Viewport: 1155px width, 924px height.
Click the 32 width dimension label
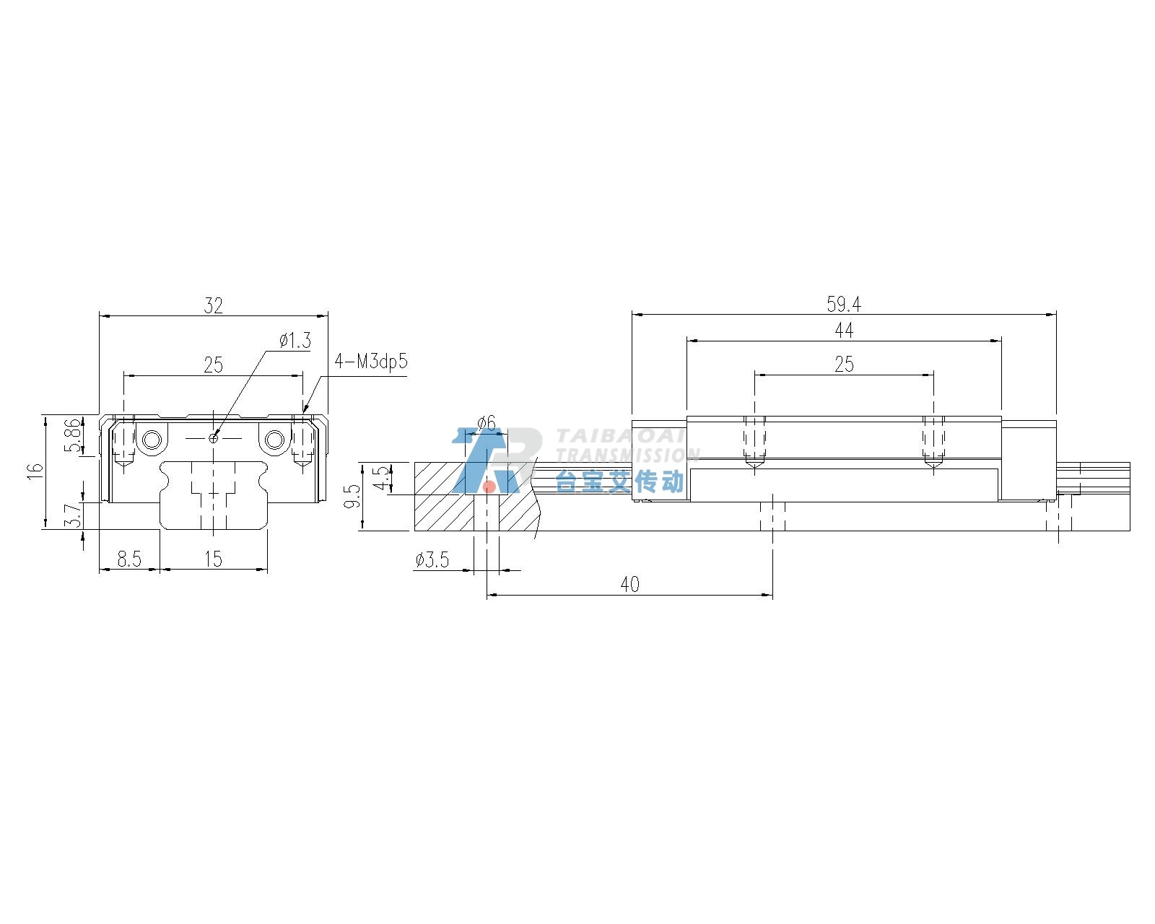pyautogui.click(x=213, y=305)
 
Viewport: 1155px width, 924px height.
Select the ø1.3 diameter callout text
pyautogui.click(x=295, y=341)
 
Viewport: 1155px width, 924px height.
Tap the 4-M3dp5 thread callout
pyautogui.click(x=371, y=362)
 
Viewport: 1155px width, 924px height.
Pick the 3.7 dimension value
pyautogui.click(x=74, y=515)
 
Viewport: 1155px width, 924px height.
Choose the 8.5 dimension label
pyautogui.click(x=129, y=559)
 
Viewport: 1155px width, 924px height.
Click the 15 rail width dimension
pyautogui.click(x=213, y=559)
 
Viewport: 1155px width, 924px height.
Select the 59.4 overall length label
pyautogui.click(x=844, y=305)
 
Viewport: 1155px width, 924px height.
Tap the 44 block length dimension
pyautogui.click(x=844, y=330)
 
